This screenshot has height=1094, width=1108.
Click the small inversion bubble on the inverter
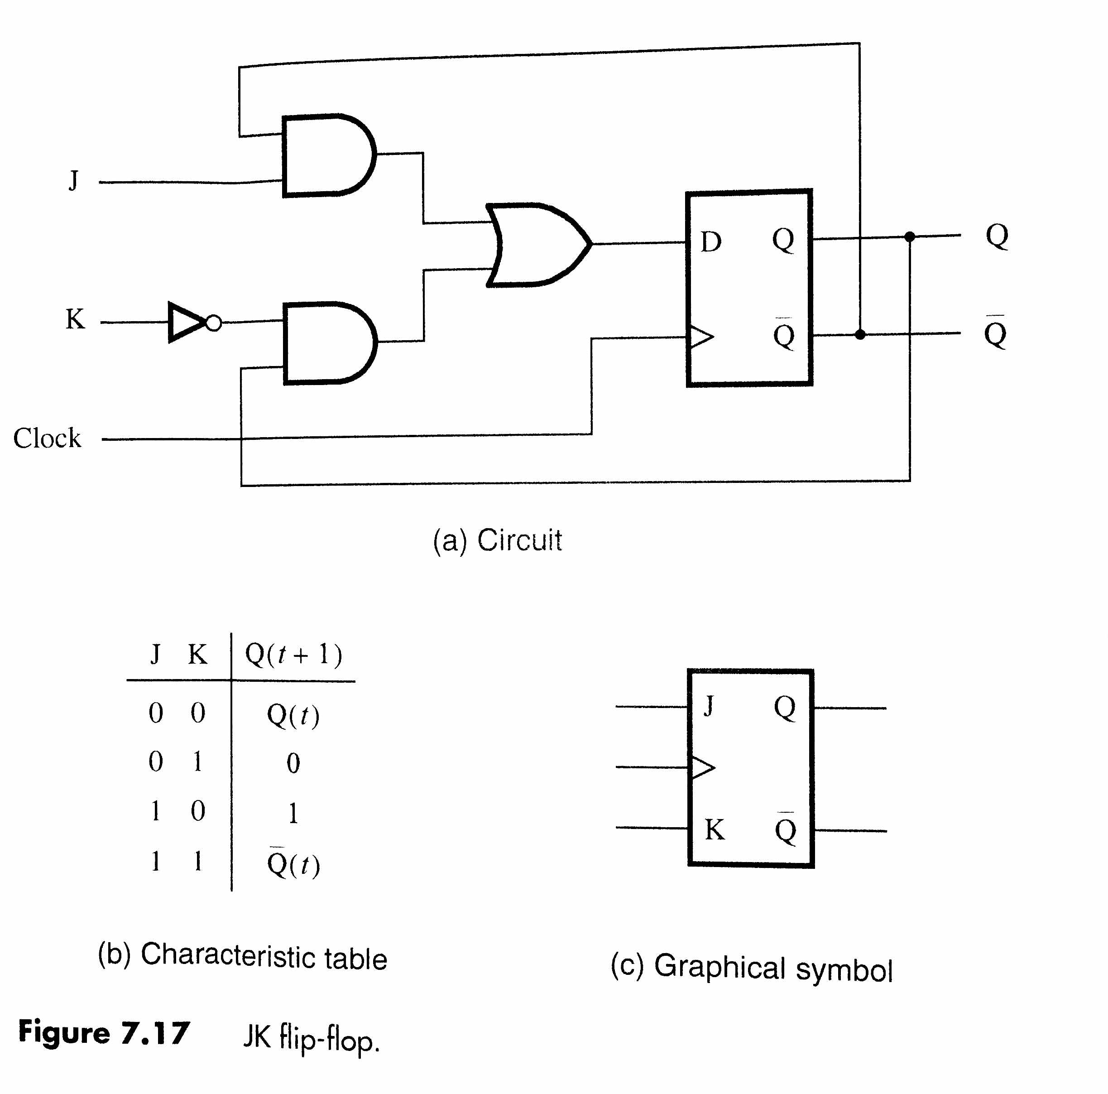pyautogui.click(x=213, y=323)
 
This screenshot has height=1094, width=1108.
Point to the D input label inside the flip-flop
pyautogui.click(x=710, y=242)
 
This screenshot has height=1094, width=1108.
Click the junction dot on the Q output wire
pyautogui.click(x=910, y=236)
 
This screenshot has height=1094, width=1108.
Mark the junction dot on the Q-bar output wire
pyautogui.click(x=860, y=334)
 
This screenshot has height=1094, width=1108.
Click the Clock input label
pyautogui.click(x=47, y=439)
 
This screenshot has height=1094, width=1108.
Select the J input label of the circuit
pyautogui.click(x=73, y=181)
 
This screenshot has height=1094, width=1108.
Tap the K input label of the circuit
pyautogui.click(x=75, y=319)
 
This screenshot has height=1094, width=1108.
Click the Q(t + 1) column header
pyautogui.click(x=293, y=654)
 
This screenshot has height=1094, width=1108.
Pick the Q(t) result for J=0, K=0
pyautogui.click(x=293, y=715)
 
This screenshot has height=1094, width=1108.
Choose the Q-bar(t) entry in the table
pyautogui.click(x=293, y=864)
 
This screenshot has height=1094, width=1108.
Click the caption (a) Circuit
pyautogui.click(x=497, y=540)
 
